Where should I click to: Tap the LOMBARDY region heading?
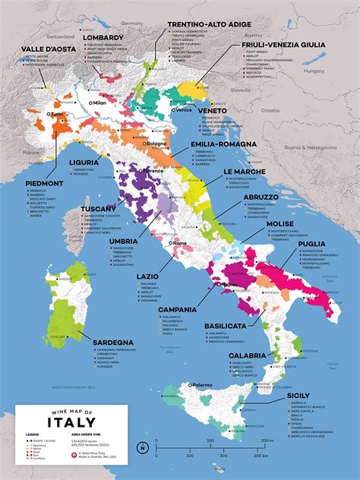[x=105, y=37]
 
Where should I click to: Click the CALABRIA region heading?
[x=248, y=355]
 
